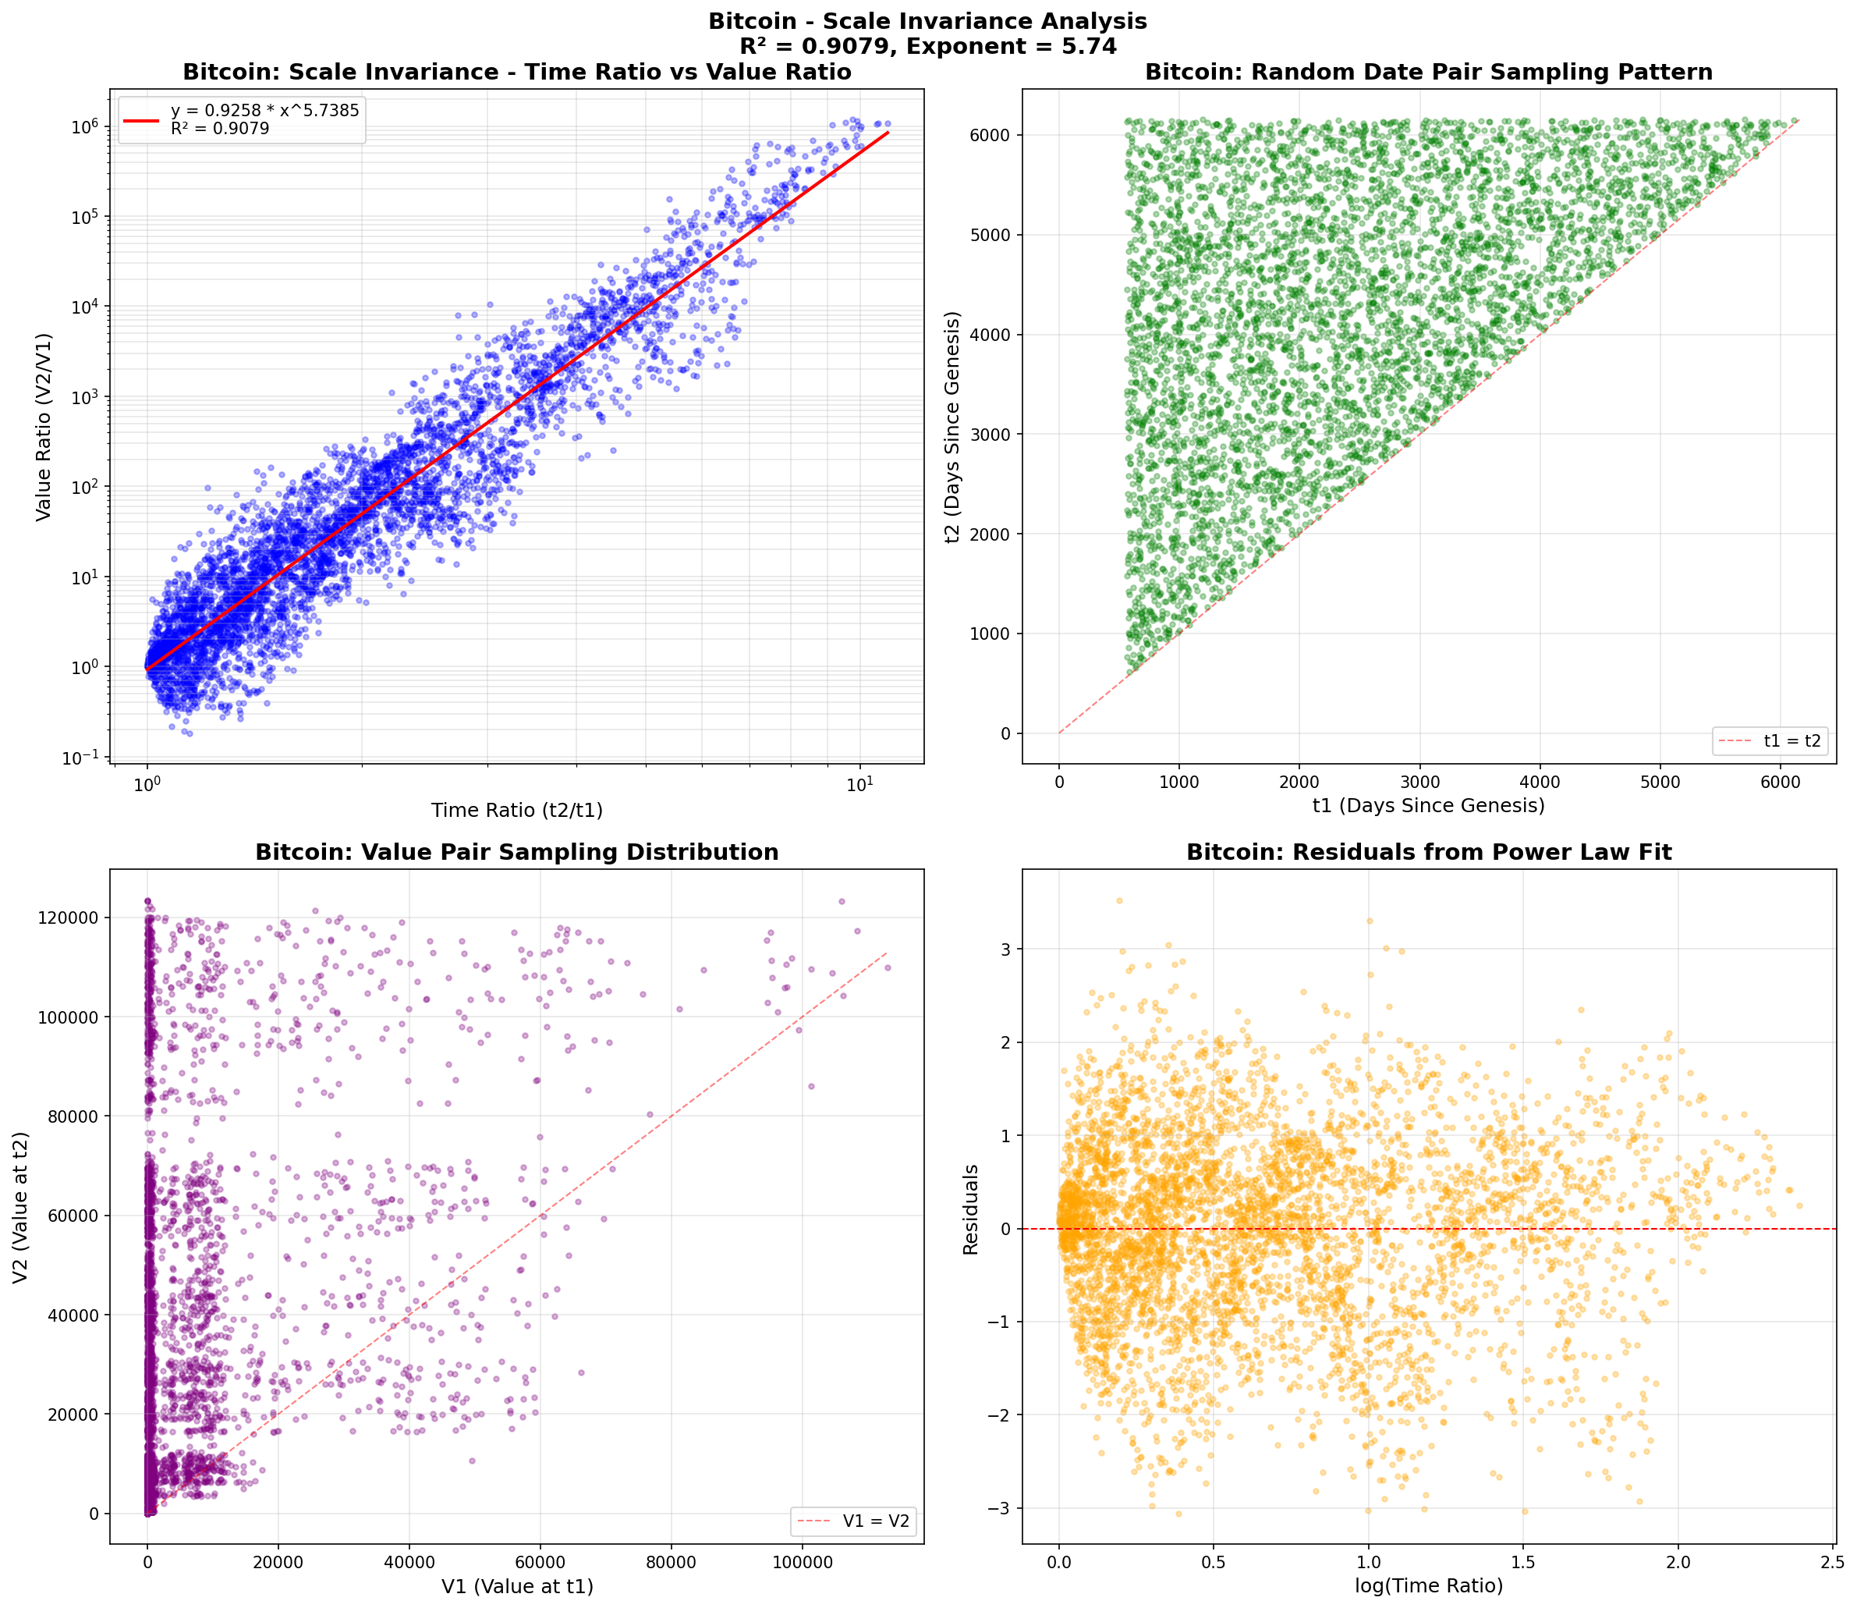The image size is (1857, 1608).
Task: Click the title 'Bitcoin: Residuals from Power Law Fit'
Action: pos(1428,853)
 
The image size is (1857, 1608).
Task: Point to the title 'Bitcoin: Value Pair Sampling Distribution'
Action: pos(517,853)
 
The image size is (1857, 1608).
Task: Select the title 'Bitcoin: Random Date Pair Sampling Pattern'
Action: pos(1428,73)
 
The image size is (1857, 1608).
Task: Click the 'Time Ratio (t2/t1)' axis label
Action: pos(517,811)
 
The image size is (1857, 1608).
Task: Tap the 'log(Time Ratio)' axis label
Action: pos(1428,1585)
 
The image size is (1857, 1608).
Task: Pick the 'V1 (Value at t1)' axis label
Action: pos(517,1586)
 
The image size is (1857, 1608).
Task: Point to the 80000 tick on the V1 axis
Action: pos(671,1560)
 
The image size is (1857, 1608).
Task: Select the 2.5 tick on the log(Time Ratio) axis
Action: pos(1832,1560)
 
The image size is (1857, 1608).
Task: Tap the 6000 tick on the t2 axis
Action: pos(990,136)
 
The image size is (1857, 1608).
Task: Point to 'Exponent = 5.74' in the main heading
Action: pos(1012,47)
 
